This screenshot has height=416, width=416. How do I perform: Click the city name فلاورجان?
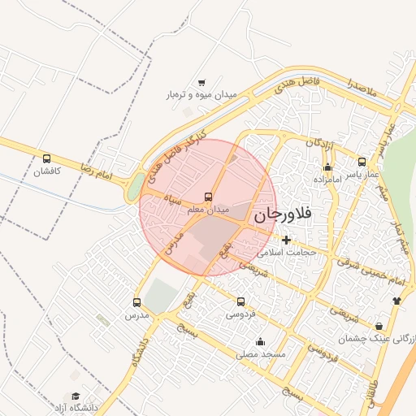pos(283,215)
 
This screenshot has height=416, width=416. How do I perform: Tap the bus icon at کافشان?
pos(46,159)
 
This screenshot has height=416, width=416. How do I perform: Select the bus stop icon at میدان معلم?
pos(209,197)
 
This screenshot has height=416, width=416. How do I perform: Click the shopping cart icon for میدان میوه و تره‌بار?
pos(201,82)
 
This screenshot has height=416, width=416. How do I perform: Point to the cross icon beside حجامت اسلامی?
pos(286,240)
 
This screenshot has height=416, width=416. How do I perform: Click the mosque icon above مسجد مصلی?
pos(260,341)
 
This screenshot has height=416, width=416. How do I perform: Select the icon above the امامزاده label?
pos(327,167)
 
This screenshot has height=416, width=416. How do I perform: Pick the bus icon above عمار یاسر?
pos(362,161)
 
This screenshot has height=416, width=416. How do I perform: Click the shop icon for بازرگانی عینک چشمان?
pos(379,326)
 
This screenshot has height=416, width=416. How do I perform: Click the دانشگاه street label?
pos(135,348)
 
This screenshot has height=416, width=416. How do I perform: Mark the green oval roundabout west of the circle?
pos(133,189)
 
